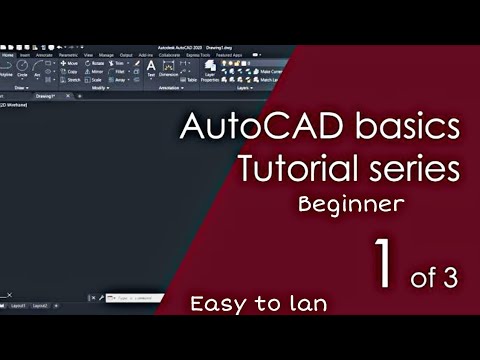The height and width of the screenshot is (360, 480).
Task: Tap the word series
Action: pyautogui.click(x=411, y=170)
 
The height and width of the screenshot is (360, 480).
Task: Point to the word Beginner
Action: pyautogui.click(x=350, y=205)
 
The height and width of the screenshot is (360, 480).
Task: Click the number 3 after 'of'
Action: pyautogui.click(x=449, y=279)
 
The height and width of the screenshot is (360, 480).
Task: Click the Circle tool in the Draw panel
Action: pyautogui.click(x=22, y=69)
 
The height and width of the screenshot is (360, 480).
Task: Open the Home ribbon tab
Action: pyautogui.click(x=9, y=55)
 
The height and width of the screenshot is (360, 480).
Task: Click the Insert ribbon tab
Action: pyautogui.click(x=26, y=55)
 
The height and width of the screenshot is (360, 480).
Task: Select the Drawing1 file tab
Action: pyautogui.click(x=45, y=96)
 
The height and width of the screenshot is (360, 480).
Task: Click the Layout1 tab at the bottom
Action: pyautogui.click(x=17, y=305)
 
